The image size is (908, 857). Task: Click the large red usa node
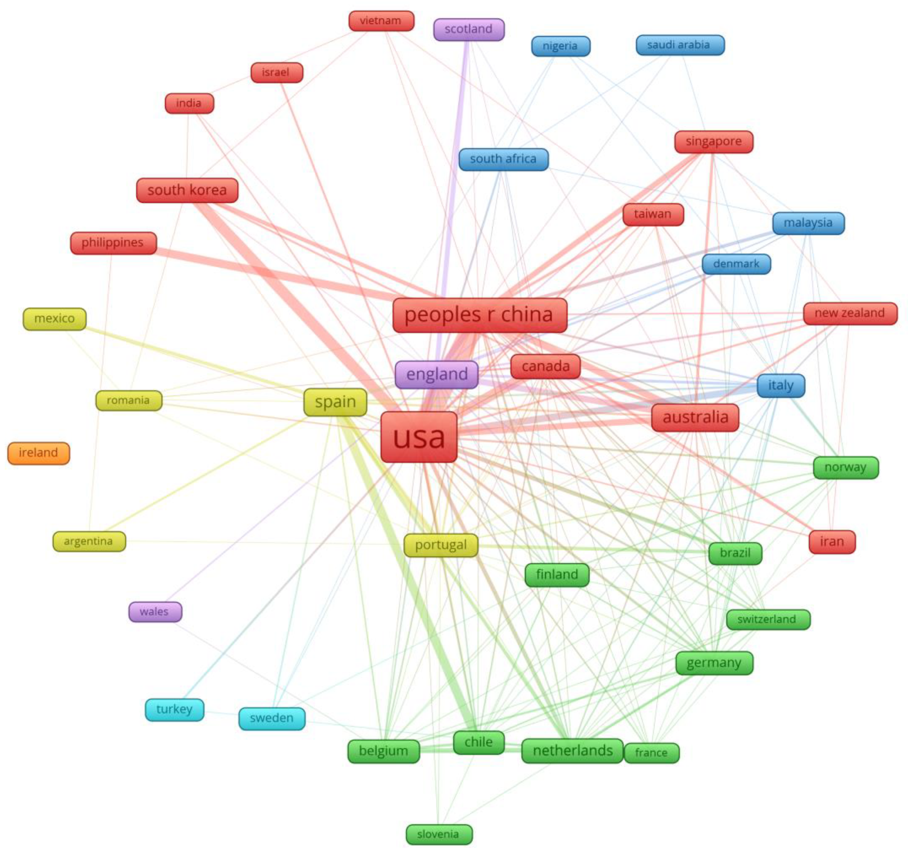point(419,437)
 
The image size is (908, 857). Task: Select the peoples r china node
point(480,314)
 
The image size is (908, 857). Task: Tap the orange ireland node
point(38,453)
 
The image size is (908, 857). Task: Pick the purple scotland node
point(468,29)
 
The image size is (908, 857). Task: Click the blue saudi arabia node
point(679,45)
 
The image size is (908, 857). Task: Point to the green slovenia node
point(439,834)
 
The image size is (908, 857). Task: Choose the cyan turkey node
point(174,709)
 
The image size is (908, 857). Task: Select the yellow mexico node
point(54,318)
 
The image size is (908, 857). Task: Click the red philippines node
point(113,243)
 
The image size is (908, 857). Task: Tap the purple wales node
point(155,612)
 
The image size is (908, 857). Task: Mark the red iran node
point(832,541)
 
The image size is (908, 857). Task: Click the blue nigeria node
point(560,46)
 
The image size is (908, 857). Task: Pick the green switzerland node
point(768,619)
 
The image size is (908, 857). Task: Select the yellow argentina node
point(89,541)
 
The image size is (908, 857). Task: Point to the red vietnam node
point(381,21)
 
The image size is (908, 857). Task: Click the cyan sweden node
point(272,718)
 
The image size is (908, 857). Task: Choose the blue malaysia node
point(808,223)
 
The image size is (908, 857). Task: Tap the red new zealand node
point(850,313)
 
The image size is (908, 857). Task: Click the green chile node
point(478,742)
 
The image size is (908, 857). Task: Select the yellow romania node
point(129,400)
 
